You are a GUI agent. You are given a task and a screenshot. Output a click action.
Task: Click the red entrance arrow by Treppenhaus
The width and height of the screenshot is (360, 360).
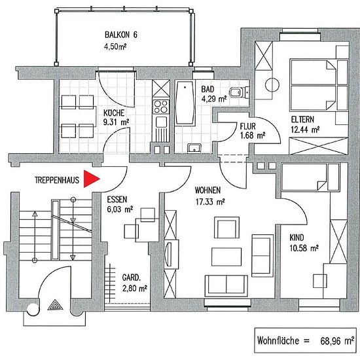[x=92, y=179]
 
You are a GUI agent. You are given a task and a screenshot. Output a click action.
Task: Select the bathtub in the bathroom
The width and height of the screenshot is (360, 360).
[x=185, y=103]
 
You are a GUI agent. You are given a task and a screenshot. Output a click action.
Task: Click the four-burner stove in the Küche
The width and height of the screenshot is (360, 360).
[x=161, y=107]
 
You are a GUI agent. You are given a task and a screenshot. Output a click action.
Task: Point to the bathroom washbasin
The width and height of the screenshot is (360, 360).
[x=194, y=148]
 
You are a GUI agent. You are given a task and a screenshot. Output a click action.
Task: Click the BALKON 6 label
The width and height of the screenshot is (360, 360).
[x=121, y=35]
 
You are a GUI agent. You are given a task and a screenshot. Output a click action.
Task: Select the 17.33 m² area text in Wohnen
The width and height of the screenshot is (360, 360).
[x=210, y=202]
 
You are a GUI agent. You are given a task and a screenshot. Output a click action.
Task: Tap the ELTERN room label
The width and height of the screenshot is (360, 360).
[x=302, y=120]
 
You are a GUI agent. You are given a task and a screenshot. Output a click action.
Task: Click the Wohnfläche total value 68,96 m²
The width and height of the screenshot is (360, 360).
[x=337, y=341]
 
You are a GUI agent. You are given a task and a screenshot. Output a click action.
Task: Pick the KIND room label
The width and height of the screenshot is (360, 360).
[x=297, y=238]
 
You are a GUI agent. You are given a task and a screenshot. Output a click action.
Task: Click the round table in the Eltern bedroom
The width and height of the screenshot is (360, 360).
[x=272, y=85]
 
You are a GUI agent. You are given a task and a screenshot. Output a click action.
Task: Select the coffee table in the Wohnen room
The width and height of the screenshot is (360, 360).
[x=226, y=257]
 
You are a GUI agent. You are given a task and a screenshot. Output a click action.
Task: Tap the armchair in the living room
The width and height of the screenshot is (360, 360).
[x=227, y=227]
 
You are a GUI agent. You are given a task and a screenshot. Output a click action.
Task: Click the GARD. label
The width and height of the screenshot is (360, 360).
[x=131, y=278]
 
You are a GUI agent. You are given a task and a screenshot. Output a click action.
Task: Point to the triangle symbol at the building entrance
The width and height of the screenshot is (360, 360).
[x=55, y=304]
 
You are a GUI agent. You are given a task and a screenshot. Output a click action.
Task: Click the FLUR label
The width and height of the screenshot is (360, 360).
[x=247, y=126]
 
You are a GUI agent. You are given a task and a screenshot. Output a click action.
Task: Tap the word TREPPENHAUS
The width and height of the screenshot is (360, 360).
[x=57, y=180]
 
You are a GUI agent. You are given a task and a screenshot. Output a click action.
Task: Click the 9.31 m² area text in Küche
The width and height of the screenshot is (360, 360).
[x=116, y=122]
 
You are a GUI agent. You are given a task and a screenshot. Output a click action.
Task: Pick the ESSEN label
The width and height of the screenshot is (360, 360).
[x=117, y=200]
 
